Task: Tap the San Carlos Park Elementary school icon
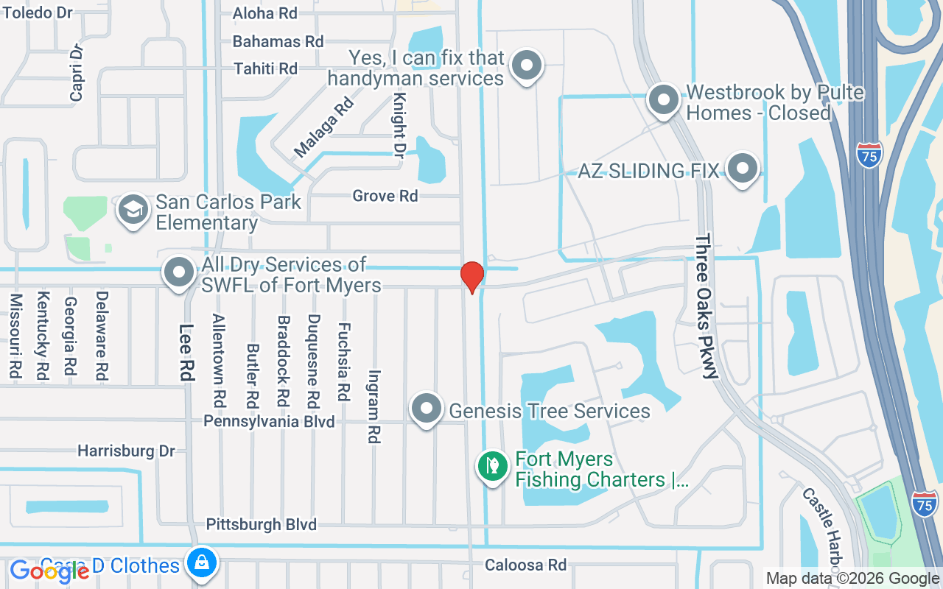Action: [133, 211]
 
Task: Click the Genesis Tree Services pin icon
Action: [426, 409]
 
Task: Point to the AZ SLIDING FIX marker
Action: [743, 169]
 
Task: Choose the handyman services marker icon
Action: [526, 66]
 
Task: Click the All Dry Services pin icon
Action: [178, 273]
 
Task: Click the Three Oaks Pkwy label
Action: [706, 306]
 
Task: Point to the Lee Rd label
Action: [186, 353]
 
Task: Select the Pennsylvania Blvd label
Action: [269, 421]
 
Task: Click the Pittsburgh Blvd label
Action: [261, 524]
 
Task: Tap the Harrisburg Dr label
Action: [126, 451]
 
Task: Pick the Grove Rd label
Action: [385, 196]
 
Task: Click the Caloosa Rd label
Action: [525, 565]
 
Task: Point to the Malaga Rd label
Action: [323, 127]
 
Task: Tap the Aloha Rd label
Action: [264, 13]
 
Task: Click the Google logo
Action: [49, 571]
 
